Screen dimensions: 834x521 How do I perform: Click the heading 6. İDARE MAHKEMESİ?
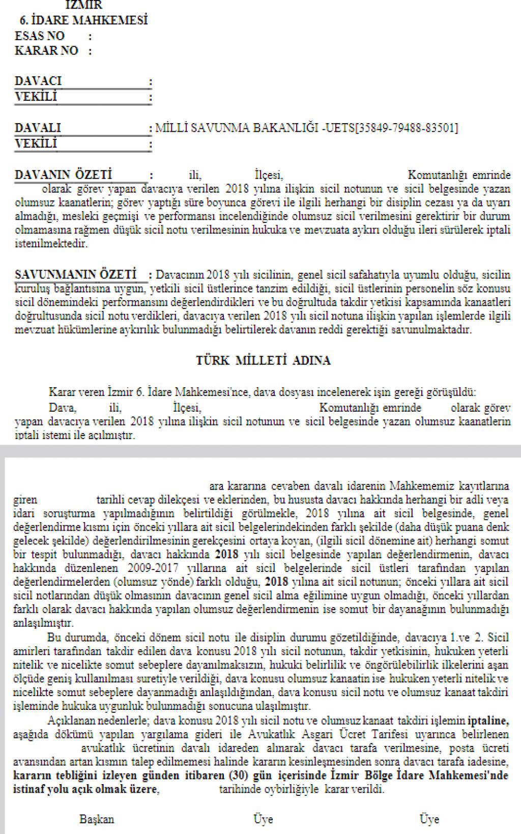[x=83, y=20]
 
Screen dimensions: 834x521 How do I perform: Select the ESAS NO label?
[x=40, y=36]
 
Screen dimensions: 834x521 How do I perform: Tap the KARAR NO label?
[x=46, y=51]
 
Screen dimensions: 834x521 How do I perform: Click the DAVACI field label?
[x=38, y=81]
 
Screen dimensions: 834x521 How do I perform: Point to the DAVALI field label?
[x=38, y=128]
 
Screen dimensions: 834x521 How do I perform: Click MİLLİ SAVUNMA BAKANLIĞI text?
[x=237, y=128]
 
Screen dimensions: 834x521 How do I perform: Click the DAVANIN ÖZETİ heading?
[x=63, y=175]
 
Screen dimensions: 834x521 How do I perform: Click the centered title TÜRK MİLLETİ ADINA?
[x=263, y=361]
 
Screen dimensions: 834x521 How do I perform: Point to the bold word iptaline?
[x=488, y=721]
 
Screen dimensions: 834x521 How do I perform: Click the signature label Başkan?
[x=97, y=819]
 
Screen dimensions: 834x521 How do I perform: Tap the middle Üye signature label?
[x=263, y=819]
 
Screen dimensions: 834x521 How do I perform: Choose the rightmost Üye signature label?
[x=429, y=819]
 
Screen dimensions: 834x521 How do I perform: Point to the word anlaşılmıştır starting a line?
[x=43, y=623]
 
